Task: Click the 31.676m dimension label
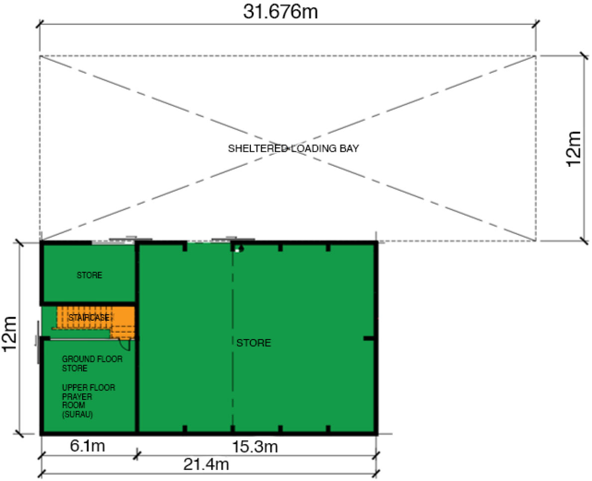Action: tap(280, 12)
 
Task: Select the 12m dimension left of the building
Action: tap(9, 334)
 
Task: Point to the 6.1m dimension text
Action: tap(87, 446)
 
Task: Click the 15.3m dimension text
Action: tap(255, 447)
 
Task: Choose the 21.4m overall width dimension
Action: tap(206, 464)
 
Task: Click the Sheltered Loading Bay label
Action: tap(293, 148)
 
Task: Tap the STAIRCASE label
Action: tap(89, 318)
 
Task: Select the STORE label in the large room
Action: tap(254, 343)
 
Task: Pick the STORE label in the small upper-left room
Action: tap(90, 275)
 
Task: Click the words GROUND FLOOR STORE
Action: tap(92, 363)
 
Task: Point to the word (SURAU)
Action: tap(77, 414)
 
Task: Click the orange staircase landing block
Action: tap(122, 323)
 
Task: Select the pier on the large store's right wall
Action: tap(369, 338)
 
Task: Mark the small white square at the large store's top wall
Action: tap(237, 250)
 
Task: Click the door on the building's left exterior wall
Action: tap(38, 342)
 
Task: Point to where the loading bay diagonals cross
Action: tap(288, 148)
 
